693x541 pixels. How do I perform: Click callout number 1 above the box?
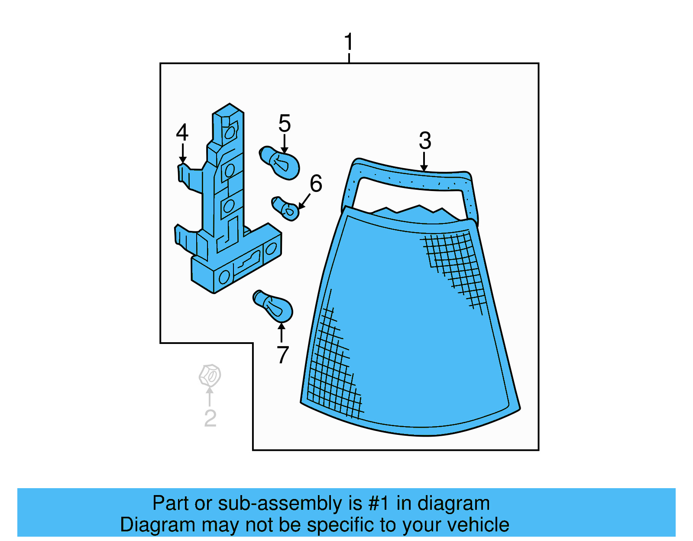pyautogui.click(x=349, y=42)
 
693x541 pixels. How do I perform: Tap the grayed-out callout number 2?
pyautogui.click(x=210, y=418)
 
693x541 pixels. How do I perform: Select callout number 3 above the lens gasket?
pyautogui.click(x=425, y=141)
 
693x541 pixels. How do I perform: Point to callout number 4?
pyautogui.click(x=182, y=133)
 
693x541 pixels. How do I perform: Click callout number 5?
pyautogui.click(x=285, y=124)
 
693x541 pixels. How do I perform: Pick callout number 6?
pyautogui.click(x=316, y=184)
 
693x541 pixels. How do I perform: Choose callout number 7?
pyautogui.click(x=282, y=355)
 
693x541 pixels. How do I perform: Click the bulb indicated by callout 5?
pyautogui.click(x=280, y=163)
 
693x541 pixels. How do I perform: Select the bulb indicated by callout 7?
pyautogui.click(x=274, y=306)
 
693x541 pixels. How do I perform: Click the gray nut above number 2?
pyautogui.click(x=210, y=375)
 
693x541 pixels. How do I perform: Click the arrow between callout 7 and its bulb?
pyautogui.click(x=282, y=333)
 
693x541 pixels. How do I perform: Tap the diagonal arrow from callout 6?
pyautogui.click(x=304, y=201)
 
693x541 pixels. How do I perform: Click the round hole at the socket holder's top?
pyautogui.click(x=230, y=132)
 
